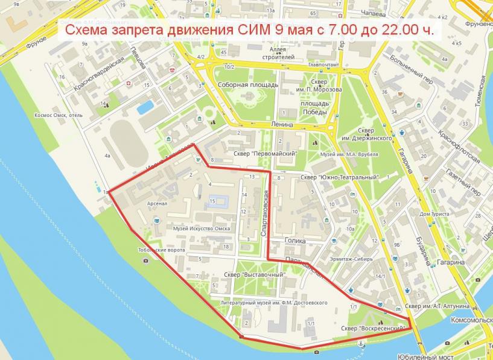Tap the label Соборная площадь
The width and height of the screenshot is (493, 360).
(x=247, y=85)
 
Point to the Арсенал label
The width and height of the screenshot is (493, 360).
(x=156, y=203)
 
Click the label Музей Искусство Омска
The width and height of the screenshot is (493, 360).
(x=201, y=229)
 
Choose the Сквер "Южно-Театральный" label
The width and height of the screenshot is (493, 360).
(x=339, y=177)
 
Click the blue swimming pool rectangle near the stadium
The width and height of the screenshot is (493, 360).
(x=145, y=107)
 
